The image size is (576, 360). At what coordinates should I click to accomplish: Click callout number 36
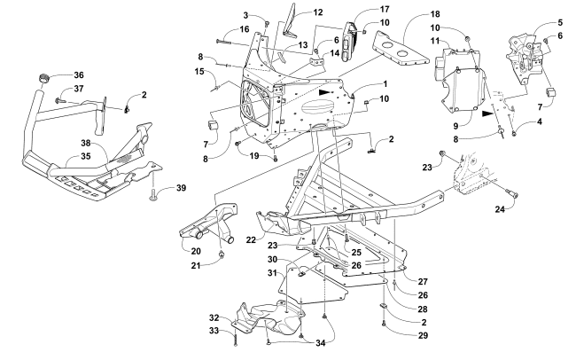[79, 75]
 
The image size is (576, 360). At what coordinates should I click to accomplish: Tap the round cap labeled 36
[44, 79]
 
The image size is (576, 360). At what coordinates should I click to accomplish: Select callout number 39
[181, 188]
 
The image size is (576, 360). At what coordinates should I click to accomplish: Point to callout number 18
[435, 14]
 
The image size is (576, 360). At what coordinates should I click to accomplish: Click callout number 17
[385, 9]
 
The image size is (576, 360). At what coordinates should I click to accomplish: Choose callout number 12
[318, 12]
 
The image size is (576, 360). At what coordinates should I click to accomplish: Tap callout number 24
[500, 209]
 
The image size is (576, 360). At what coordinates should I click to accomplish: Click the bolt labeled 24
[510, 192]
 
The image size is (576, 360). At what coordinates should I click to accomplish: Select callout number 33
[214, 331]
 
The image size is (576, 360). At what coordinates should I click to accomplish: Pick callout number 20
[196, 251]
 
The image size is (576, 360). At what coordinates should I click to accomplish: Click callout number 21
[196, 265]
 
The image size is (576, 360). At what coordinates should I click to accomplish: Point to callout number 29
[423, 335]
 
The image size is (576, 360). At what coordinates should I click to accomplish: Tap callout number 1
[385, 84]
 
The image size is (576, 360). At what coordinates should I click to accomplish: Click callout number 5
[560, 22]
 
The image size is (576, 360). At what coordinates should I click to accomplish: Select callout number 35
[86, 156]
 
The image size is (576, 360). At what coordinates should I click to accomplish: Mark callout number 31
[272, 273]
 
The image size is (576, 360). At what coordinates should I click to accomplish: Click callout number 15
[199, 71]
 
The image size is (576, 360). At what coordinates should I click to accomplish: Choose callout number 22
[251, 239]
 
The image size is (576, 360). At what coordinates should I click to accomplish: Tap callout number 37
[79, 89]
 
